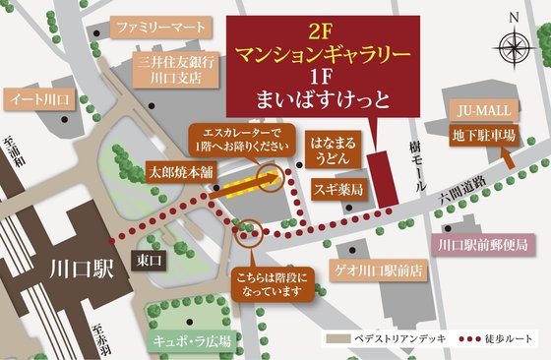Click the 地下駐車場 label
tap(483, 135)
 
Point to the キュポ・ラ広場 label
tap(191, 340)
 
